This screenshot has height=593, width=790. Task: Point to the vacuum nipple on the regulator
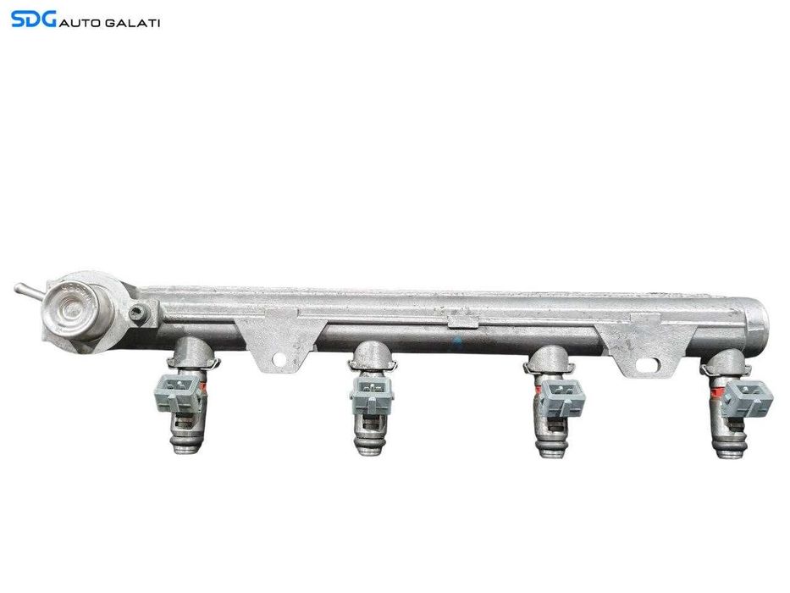24,290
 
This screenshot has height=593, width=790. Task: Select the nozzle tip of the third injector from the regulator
547,449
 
